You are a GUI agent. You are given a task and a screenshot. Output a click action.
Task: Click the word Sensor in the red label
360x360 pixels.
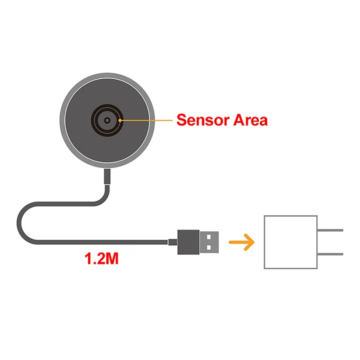[x=201, y=120]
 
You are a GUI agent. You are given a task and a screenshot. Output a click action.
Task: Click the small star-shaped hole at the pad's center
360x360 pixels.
[x=107, y=121]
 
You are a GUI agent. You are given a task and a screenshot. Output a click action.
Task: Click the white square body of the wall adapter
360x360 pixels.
[x=290, y=242]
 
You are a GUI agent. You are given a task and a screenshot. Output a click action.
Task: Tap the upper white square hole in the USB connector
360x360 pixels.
[x=208, y=237]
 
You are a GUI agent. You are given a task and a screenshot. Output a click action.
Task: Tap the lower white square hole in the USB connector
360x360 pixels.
[x=208, y=247]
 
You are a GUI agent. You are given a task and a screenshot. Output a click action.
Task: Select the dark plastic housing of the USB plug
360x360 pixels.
[x=188, y=242]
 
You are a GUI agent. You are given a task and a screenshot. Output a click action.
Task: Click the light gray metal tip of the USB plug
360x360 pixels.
[x=209, y=242]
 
